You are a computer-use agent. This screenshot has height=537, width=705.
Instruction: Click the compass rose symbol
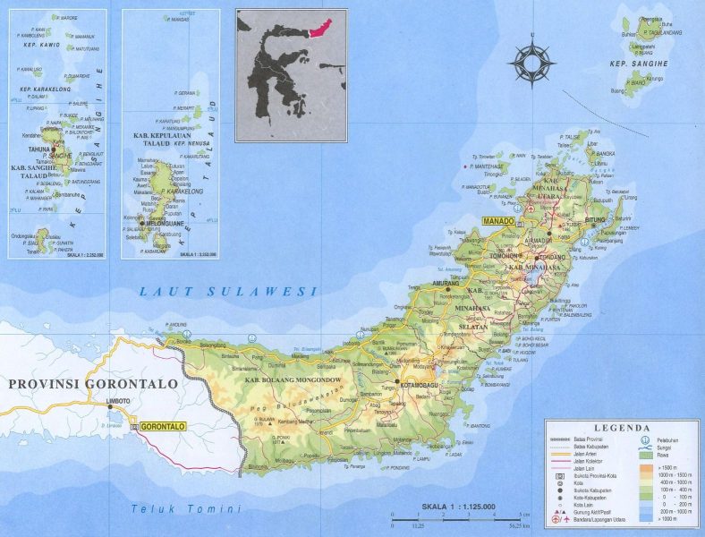click(531, 62)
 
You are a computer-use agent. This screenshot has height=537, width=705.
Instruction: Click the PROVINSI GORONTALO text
click(93, 383)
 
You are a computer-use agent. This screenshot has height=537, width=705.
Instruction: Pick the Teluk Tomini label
click(186, 509)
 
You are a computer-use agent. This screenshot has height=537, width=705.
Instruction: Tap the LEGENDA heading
click(621, 430)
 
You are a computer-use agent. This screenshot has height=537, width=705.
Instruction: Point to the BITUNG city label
click(596, 219)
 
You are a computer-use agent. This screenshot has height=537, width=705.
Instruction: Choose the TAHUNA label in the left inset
click(38, 149)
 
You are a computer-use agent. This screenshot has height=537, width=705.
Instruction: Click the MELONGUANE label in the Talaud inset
click(160, 224)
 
